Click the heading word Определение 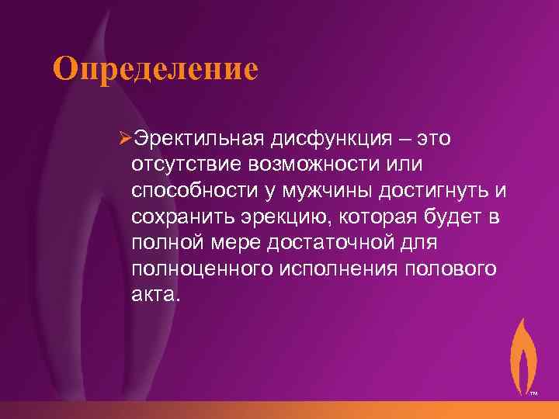point(155,68)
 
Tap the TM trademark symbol point(534,394)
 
